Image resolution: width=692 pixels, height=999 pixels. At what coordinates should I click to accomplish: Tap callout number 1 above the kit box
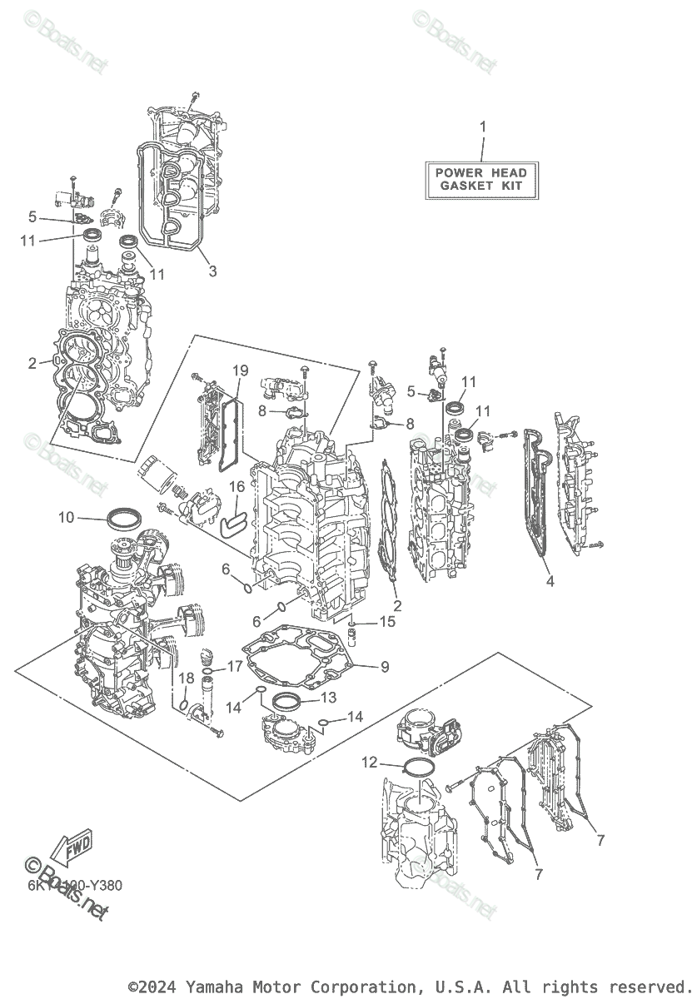[481, 127]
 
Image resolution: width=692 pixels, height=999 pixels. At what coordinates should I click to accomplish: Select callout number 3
[212, 271]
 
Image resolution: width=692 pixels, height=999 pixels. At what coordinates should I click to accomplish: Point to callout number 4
[549, 582]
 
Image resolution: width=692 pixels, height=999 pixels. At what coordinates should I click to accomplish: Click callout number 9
[384, 667]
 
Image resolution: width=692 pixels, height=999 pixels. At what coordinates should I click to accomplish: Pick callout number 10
[67, 518]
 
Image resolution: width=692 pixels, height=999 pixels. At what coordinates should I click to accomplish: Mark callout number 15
[388, 622]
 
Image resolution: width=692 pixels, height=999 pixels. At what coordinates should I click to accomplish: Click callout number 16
[236, 487]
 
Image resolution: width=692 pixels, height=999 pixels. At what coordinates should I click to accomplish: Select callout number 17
[235, 667]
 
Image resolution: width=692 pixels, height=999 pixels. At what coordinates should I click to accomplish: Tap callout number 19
[240, 370]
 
